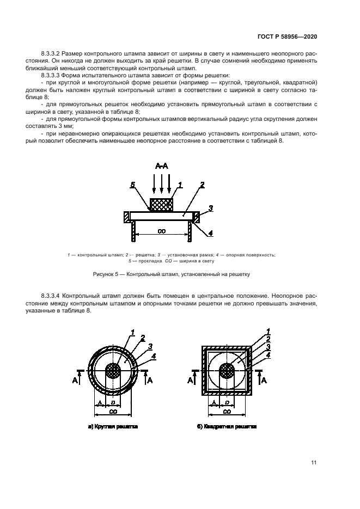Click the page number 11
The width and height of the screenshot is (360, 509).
(x=314, y=463)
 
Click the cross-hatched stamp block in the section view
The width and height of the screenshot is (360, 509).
(x=162, y=205)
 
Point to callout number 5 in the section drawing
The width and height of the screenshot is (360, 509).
(x=132, y=186)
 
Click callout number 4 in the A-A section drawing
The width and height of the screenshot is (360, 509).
(x=210, y=233)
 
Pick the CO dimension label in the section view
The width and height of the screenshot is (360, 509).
(x=162, y=231)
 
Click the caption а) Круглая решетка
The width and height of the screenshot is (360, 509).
(x=113, y=427)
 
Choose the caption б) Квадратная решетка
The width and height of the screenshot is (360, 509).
(x=227, y=427)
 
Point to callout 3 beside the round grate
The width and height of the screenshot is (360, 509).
(x=150, y=347)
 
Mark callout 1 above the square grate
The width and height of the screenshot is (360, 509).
(x=269, y=330)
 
